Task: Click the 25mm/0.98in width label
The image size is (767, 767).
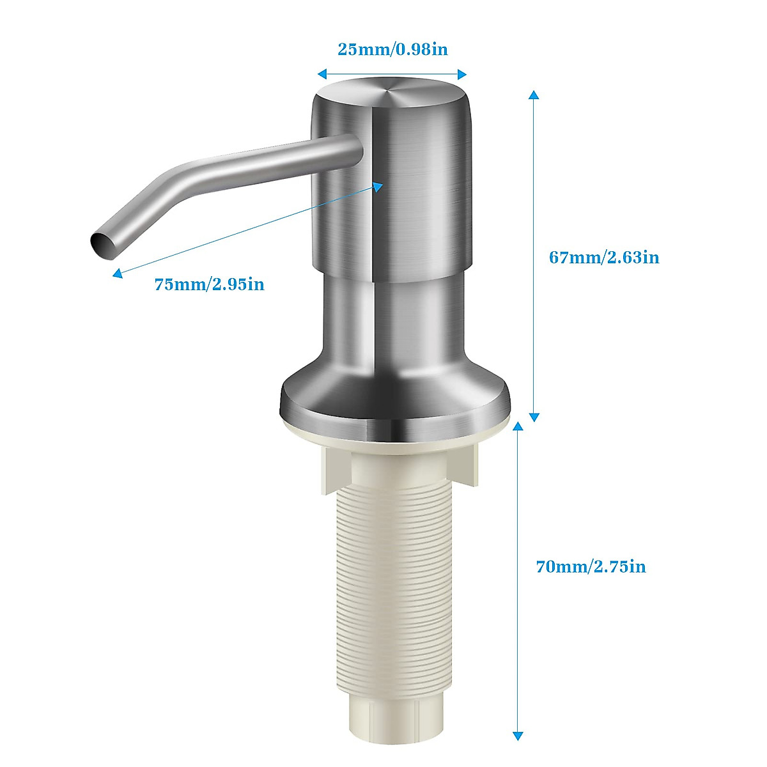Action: [392, 49]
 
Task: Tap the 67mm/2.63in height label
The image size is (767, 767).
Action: [604, 258]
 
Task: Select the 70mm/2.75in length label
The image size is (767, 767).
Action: [591, 566]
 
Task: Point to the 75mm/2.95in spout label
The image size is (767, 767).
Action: [209, 284]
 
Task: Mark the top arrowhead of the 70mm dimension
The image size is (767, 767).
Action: [518, 426]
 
